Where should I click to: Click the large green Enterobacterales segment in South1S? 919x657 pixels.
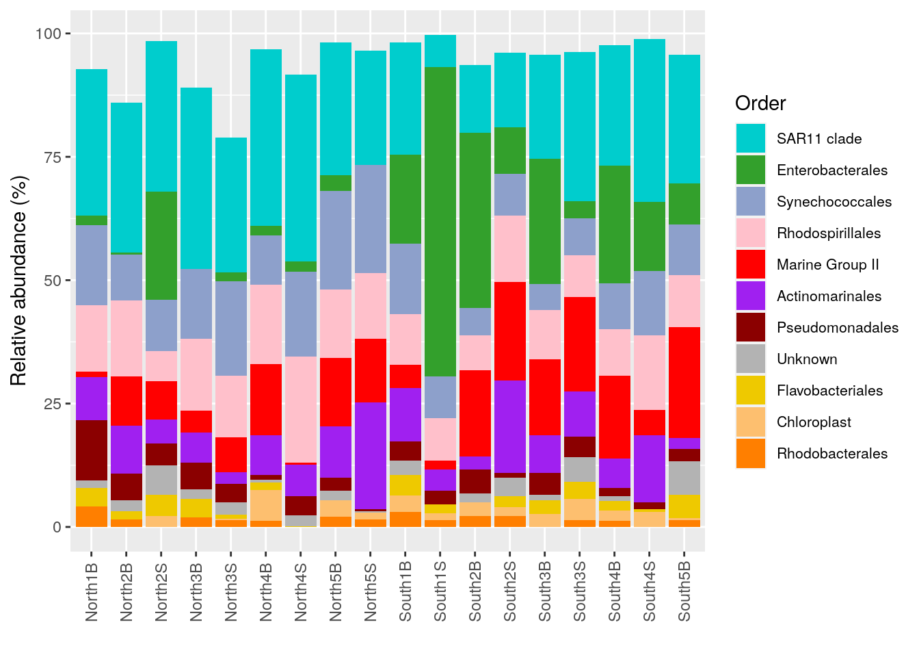440,221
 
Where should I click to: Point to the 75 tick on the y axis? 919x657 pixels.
53,157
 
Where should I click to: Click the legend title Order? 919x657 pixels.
760,103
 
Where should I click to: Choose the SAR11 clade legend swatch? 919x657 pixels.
750,139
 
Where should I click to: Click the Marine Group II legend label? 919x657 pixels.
827,265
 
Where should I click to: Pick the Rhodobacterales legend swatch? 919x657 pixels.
750,454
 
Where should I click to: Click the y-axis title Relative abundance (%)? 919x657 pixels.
19,281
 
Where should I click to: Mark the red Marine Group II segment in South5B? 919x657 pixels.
684,382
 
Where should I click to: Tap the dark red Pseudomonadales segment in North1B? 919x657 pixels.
92,450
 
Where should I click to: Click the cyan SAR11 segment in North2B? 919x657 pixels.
126,178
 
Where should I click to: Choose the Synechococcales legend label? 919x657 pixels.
834,202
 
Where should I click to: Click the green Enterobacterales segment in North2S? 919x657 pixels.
161,246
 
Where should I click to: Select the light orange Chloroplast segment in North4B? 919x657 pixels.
265,505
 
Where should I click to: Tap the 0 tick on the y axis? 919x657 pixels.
57,528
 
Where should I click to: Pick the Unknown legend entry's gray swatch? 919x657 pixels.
750,359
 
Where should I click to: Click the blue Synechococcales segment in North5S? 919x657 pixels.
370,219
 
